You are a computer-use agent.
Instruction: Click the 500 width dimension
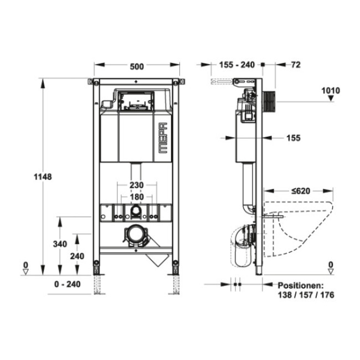(x=137, y=66)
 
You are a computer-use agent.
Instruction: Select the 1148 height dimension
(x=43, y=177)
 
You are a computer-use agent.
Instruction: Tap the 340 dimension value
(x=60, y=244)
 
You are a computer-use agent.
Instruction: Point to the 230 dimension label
(x=137, y=185)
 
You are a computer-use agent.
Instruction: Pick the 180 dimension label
(x=137, y=197)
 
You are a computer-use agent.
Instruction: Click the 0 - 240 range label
(x=67, y=284)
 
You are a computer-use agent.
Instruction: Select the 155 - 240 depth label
(x=237, y=65)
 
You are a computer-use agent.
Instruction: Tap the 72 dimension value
(x=296, y=65)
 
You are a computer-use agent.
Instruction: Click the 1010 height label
(x=331, y=91)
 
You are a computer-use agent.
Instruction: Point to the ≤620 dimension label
(x=301, y=191)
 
